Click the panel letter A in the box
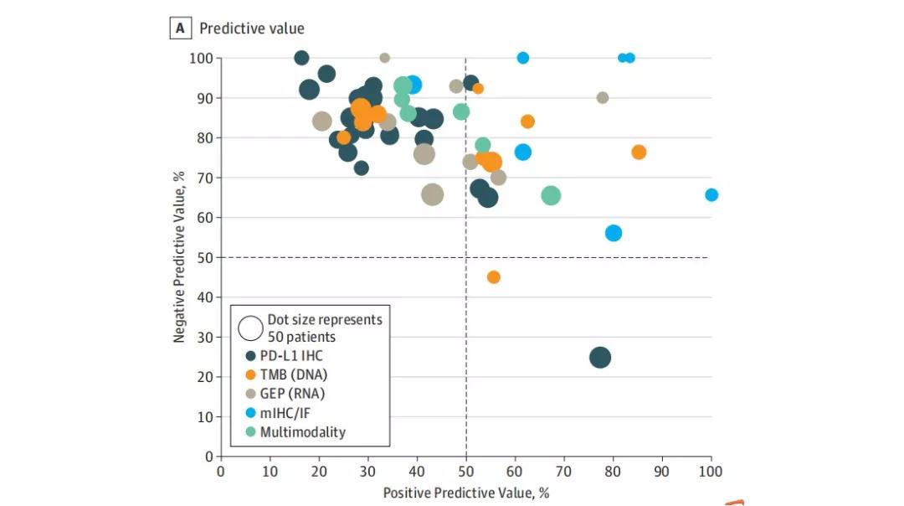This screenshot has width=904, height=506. click(x=180, y=28)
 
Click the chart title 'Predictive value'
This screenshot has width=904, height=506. click(x=251, y=28)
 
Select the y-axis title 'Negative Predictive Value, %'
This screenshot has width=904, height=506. click(x=179, y=257)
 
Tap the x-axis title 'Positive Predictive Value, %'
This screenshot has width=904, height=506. click(x=466, y=493)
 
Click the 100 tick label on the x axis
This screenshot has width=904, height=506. click(x=711, y=472)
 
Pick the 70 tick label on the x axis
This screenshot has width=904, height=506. click(x=563, y=472)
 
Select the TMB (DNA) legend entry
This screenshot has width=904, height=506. click(x=293, y=375)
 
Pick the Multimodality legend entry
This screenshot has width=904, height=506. click(x=302, y=432)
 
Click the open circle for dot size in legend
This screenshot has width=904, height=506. click(x=249, y=328)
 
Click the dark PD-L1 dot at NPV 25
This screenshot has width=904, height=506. click(x=600, y=358)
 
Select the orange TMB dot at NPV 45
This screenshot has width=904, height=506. click(x=493, y=277)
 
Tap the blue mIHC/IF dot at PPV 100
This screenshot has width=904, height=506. click(x=711, y=195)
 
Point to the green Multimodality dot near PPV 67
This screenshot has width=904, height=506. click(x=551, y=196)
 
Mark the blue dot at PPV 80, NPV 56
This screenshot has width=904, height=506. click(x=614, y=233)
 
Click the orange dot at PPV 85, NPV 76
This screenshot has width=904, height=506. click(x=639, y=152)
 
